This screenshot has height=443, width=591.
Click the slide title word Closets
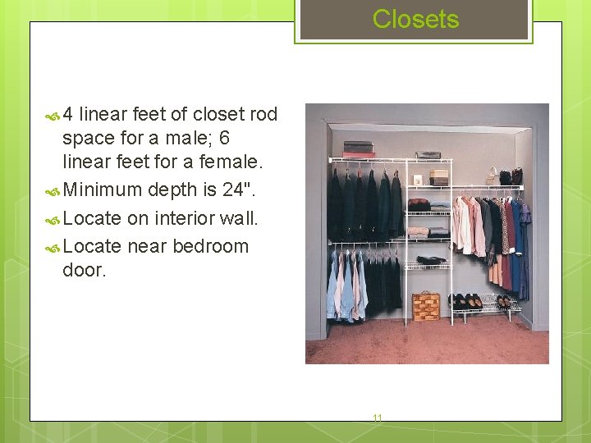pyautogui.click(x=415, y=19)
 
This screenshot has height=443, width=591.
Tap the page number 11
pyautogui.click(x=378, y=418)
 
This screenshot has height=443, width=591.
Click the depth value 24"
pyautogui.click(x=238, y=190)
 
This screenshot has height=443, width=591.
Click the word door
pyautogui.click(x=84, y=269)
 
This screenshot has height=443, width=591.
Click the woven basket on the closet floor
pyautogui.click(x=425, y=306)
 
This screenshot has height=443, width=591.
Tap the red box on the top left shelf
pyautogui.click(x=359, y=153)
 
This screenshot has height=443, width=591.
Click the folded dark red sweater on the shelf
pyautogui.click(x=419, y=203)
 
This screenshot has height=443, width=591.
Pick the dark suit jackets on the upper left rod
pyautogui.click(x=365, y=205)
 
